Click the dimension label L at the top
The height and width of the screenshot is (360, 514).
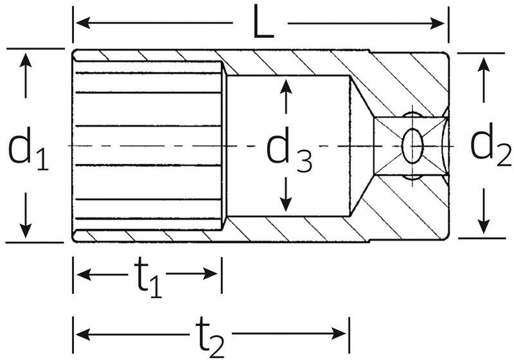click(260, 24)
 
